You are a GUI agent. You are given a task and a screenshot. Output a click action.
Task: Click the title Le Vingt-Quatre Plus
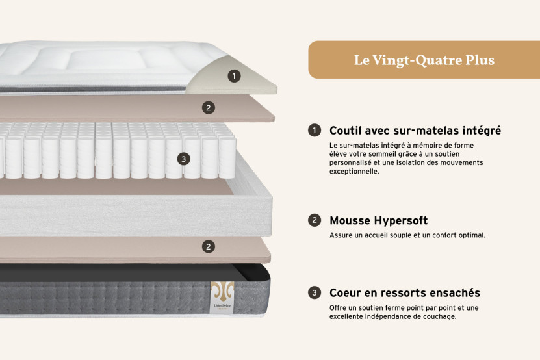coord(424,60)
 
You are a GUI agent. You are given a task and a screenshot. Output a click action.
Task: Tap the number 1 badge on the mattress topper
coord(234,76)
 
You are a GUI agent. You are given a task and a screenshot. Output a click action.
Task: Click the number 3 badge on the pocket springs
coord(184,159)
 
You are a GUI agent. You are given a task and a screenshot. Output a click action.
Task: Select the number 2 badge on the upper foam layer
coord(208,108)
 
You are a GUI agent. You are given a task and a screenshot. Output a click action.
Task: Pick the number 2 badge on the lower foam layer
coord(208,246)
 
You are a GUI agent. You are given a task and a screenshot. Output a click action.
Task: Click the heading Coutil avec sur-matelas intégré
coord(415,131)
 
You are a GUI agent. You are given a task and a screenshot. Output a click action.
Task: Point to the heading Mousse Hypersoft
coord(378,220)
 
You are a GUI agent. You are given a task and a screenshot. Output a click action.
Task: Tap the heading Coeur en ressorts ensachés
coord(404,293)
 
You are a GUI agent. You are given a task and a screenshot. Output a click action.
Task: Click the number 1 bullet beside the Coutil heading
coord(315,131)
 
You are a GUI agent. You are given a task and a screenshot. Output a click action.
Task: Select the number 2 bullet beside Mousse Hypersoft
coord(315,220)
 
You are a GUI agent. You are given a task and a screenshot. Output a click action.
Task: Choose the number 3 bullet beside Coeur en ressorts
coord(315,293)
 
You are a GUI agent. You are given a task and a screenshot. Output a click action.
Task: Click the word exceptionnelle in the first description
coord(354,172)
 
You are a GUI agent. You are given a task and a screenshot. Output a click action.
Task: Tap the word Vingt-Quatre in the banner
coord(415,60)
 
